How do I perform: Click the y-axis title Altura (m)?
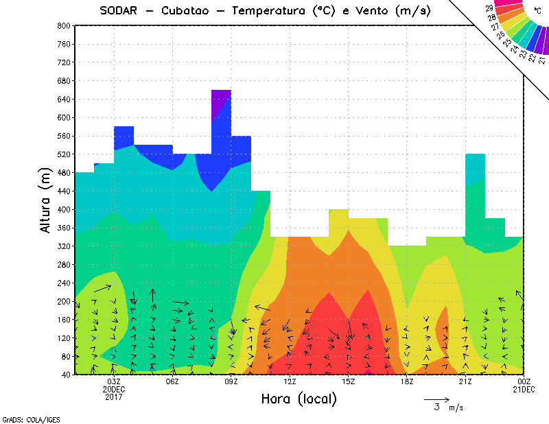(46, 199)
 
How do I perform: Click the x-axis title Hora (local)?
(299, 399)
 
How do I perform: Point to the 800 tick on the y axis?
(62, 25)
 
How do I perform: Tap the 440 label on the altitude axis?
(62, 191)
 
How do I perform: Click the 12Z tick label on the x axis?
(290, 381)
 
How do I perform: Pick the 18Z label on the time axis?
(407, 381)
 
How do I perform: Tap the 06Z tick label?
(172, 381)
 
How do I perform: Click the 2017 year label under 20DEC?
(114, 397)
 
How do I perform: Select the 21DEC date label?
(524, 389)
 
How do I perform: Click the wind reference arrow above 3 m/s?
(436, 399)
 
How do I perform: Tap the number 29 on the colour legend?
(489, 8)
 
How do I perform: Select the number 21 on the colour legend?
(542, 60)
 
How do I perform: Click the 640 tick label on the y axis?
(62, 99)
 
